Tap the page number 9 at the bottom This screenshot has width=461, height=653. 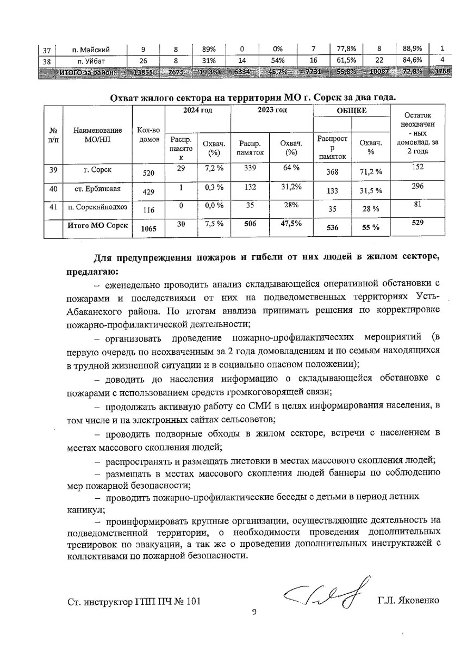click(x=254, y=613)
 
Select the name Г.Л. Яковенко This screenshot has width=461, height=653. click(x=408, y=602)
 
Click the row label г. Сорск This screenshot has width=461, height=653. click(x=98, y=169)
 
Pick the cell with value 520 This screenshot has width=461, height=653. click(x=148, y=174)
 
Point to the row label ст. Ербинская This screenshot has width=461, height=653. click(x=97, y=189)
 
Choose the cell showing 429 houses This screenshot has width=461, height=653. click(x=148, y=193)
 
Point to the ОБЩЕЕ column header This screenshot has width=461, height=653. click(x=352, y=111)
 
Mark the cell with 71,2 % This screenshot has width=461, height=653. click(x=371, y=173)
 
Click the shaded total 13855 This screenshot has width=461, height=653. click(x=141, y=72)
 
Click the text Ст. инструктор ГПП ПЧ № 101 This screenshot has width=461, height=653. click(x=134, y=602)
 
